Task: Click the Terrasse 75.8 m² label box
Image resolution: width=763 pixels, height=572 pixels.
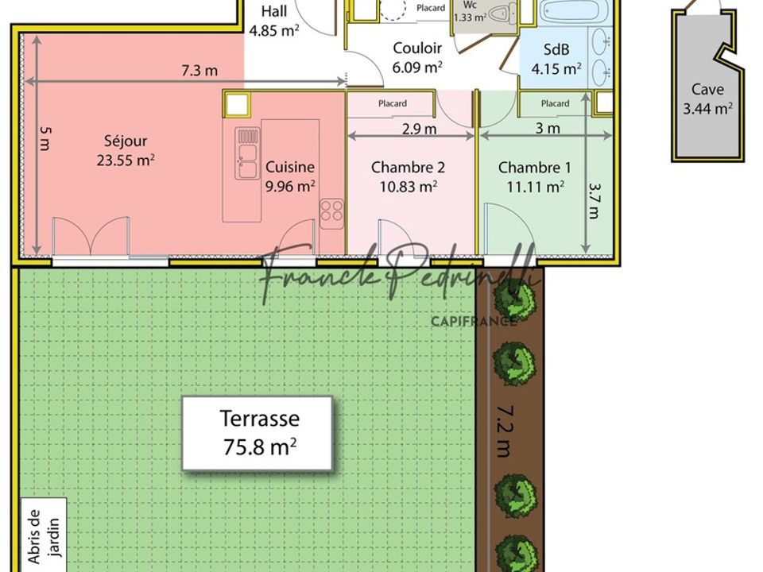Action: (258, 434)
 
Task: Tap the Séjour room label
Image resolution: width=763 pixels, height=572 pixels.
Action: (126, 150)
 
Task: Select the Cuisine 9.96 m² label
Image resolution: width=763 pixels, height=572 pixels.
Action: (290, 176)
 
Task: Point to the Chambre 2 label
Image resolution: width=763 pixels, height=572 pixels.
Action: (408, 176)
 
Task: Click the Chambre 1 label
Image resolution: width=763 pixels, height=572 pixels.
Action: (535, 176)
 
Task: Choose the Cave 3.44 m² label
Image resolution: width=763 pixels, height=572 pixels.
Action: (707, 99)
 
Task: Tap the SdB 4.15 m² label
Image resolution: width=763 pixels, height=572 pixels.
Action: (556, 59)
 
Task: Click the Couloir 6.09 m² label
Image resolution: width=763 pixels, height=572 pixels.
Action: (417, 57)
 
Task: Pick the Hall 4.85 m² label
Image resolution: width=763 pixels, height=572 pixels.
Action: (274, 21)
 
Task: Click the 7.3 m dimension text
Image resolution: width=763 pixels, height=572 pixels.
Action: (199, 71)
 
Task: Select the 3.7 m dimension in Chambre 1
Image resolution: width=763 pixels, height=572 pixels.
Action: (595, 200)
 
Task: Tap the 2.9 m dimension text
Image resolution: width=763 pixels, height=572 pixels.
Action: (419, 129)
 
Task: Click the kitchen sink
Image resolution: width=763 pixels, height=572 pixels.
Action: (248, 153)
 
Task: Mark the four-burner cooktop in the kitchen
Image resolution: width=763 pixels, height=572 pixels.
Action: (332, 214)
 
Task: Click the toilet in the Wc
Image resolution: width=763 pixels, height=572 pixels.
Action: (502, 14)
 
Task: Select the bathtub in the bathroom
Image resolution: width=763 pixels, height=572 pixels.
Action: (573, 10)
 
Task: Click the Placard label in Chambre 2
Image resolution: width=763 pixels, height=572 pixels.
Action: (392, 103)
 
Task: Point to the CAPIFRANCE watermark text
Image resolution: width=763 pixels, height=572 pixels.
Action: (474, 321)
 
